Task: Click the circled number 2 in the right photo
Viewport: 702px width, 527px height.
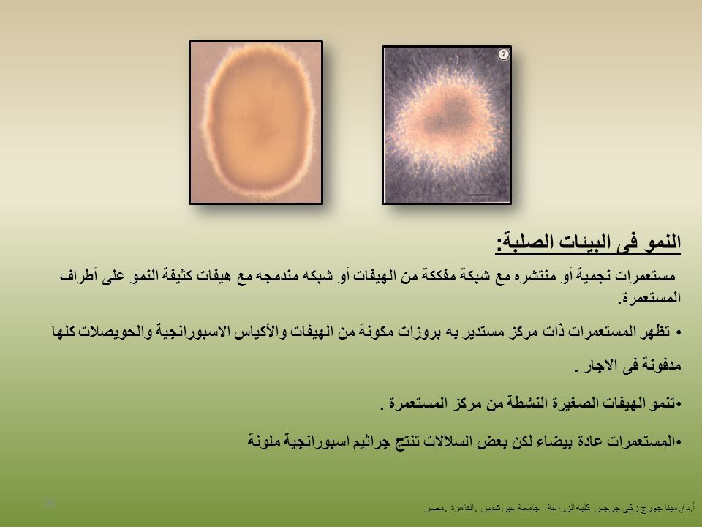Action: click(x=503, y=54)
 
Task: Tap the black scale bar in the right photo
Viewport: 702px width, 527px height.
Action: click(x=479, y=195)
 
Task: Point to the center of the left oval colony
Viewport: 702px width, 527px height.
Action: click(x=257, y=122)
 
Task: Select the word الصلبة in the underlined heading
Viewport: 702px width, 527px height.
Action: click(x=533, y=242)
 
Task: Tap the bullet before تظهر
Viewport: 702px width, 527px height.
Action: click(x=679, y=332)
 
